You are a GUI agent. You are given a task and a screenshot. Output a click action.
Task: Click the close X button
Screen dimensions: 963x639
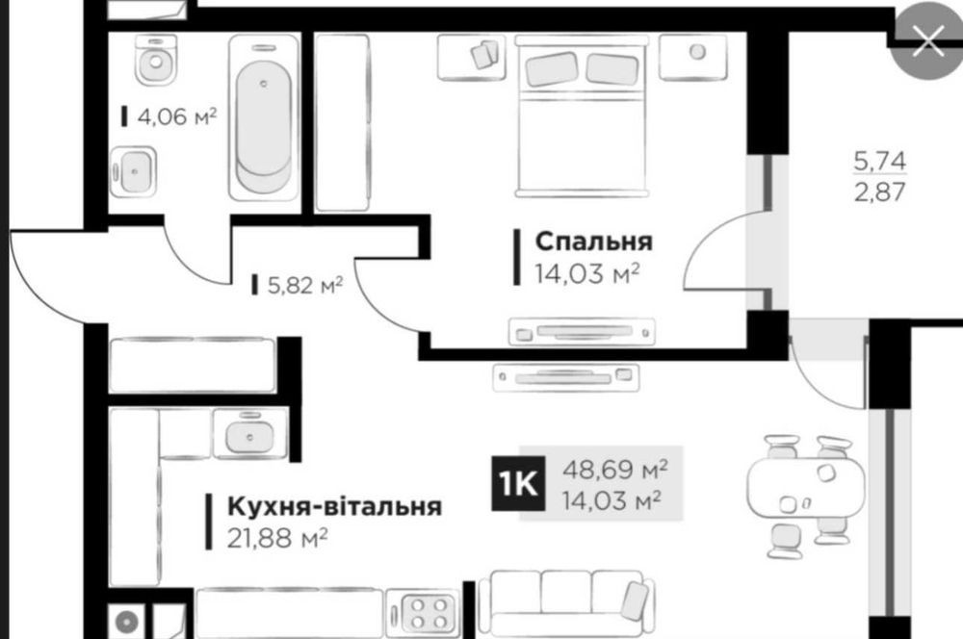(928, 41)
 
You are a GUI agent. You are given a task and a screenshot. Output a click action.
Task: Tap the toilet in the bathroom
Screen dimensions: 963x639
(156, 59)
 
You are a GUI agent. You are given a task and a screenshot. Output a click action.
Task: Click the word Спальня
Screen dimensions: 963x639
(593, 242)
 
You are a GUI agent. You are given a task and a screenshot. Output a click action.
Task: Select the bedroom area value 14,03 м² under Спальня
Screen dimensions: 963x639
(586, 273)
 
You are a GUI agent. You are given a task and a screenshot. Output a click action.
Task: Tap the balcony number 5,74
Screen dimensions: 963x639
(879, 161)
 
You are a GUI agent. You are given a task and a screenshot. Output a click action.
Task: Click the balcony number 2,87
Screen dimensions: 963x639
(879, 192)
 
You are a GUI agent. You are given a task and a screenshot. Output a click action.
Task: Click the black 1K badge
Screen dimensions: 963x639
(518, 484)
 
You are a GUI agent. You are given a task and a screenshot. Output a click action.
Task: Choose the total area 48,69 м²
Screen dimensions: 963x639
(614, 471)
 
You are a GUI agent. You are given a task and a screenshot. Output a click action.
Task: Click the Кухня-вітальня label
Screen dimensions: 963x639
(334, 507)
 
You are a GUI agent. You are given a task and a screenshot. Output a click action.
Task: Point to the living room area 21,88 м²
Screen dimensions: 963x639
(277, 538)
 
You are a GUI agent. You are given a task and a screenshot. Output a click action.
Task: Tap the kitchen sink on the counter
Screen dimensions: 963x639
(249, 435)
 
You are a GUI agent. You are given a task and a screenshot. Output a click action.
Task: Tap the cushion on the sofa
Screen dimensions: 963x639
(635, 601)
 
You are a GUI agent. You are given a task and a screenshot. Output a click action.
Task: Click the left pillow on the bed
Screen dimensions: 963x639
(552, 68)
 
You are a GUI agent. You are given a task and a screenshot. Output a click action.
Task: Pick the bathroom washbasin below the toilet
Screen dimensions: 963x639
(133, 172)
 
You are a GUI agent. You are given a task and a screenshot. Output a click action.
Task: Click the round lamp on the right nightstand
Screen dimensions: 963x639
(697, 52)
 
